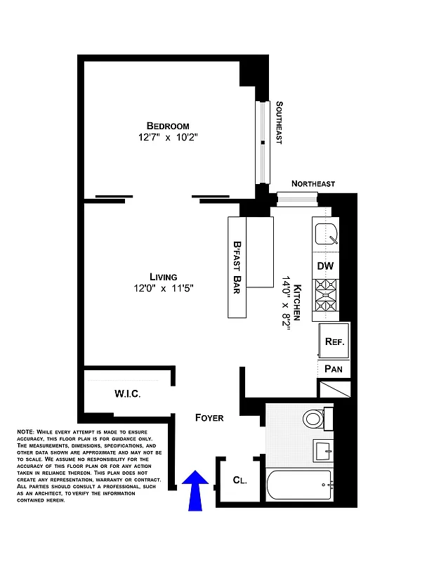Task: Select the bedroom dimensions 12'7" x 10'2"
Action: click(x=168, y=138)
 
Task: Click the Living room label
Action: click(x=163, y=276)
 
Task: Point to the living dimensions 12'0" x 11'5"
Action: click(x=163, y=288)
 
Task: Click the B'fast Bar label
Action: click(x=237, y=268)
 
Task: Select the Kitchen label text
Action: click(x=298, y=303)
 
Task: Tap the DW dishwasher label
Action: click(x=324, y=266)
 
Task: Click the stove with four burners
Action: click(x=325, y=296)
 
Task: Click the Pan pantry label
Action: click(x=334, y=369)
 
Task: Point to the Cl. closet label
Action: click(x=240, y=481)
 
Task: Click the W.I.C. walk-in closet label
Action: click(x=127, y=394)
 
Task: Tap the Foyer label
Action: click(x=209, y=418)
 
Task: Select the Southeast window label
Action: click(x=279, y=124)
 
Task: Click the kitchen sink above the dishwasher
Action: click(x=325, y=233)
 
